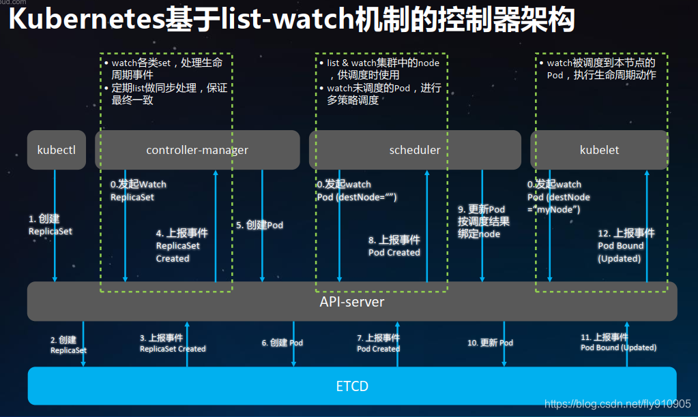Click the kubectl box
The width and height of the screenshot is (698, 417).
(x=57, y=150)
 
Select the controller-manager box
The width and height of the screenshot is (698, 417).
(x=197, y=150)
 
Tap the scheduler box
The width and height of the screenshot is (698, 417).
(x=415, y=150)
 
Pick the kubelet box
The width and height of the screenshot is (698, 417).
(x=599, y=150)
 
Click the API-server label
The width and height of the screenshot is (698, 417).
(x=351, y=301)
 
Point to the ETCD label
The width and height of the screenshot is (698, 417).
(x=351, y=386)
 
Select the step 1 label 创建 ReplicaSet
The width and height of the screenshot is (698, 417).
(x=50, y=225)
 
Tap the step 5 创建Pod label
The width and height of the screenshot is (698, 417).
(x=259, y=225)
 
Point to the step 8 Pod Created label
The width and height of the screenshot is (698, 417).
(x=394, y=246)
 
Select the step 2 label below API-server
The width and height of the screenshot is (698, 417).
(x=68, y=345)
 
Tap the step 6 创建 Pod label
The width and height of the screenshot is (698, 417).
(x=282, y=343)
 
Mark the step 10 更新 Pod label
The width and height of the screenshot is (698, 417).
(x=490, y=343)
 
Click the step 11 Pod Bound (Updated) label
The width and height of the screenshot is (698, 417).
(x=618, y=342)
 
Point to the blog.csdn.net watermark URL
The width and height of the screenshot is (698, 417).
(x=617, y=403)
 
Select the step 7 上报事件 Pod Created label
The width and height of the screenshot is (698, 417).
(x=378, y=343)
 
